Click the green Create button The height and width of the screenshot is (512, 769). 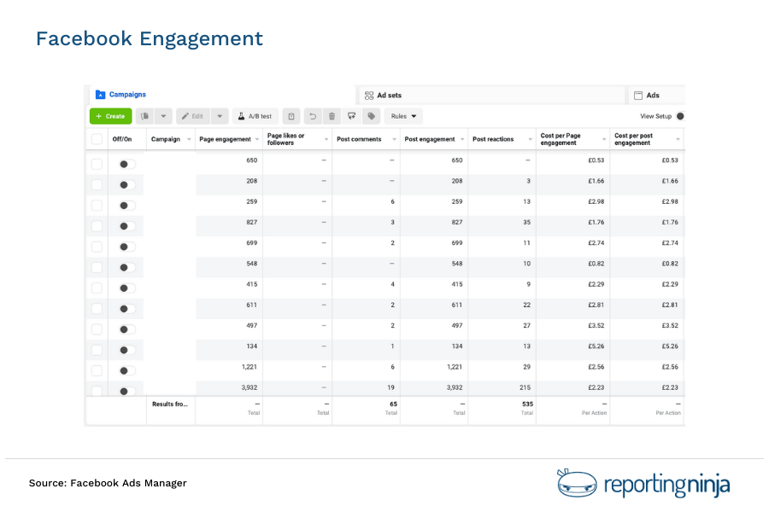[110, 116]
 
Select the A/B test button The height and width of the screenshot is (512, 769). [255, 116]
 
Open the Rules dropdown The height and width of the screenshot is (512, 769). [403, 116]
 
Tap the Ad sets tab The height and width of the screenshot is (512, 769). [388, 95]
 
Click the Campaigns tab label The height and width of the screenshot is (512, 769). [127, 95]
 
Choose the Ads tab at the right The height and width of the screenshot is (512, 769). [653, 95]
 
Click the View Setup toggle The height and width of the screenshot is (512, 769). [680, 116]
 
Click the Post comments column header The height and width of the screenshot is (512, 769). [360, 139]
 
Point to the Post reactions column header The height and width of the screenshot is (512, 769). [493, 139]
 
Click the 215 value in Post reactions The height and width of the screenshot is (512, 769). [525, 387]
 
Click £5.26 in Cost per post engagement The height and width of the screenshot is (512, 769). [669, 346]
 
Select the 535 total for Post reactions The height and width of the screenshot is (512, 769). [526, 404]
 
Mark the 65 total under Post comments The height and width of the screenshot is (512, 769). [392, 404]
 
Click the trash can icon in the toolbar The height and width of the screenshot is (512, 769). [332, 116]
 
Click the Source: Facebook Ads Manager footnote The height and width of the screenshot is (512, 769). [108, 483]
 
